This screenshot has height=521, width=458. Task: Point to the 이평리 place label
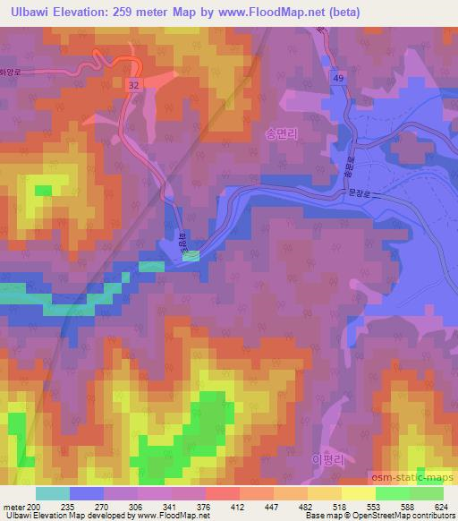pos(327,458)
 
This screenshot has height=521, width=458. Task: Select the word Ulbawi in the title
pos(31,11)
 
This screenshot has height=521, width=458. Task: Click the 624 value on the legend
pos(441,506)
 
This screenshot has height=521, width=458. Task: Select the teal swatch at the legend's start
pos(52,493)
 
